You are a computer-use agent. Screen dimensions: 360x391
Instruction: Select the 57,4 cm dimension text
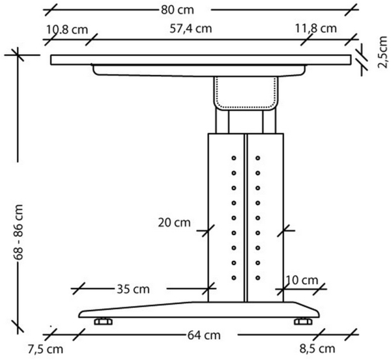coord(194,28)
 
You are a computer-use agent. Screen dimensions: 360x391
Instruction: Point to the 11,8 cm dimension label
coord(315,28)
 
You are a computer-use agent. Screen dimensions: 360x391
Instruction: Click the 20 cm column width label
coord(173,223)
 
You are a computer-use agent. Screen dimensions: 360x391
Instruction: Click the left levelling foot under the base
coord(102,322)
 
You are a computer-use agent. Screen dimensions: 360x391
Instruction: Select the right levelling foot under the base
coord(301,322)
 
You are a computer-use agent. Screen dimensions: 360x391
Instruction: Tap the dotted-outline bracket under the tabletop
coord(245,92)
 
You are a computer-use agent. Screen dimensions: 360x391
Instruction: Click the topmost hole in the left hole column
coord(233,157)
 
